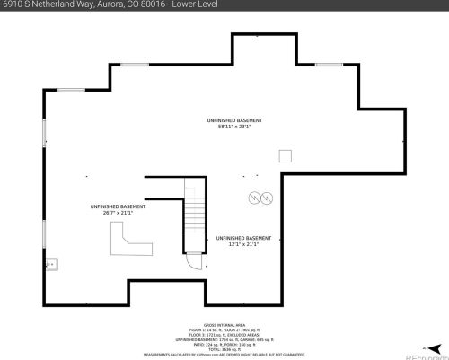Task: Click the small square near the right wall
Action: click(285, 155)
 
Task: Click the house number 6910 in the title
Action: click(13, 5)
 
